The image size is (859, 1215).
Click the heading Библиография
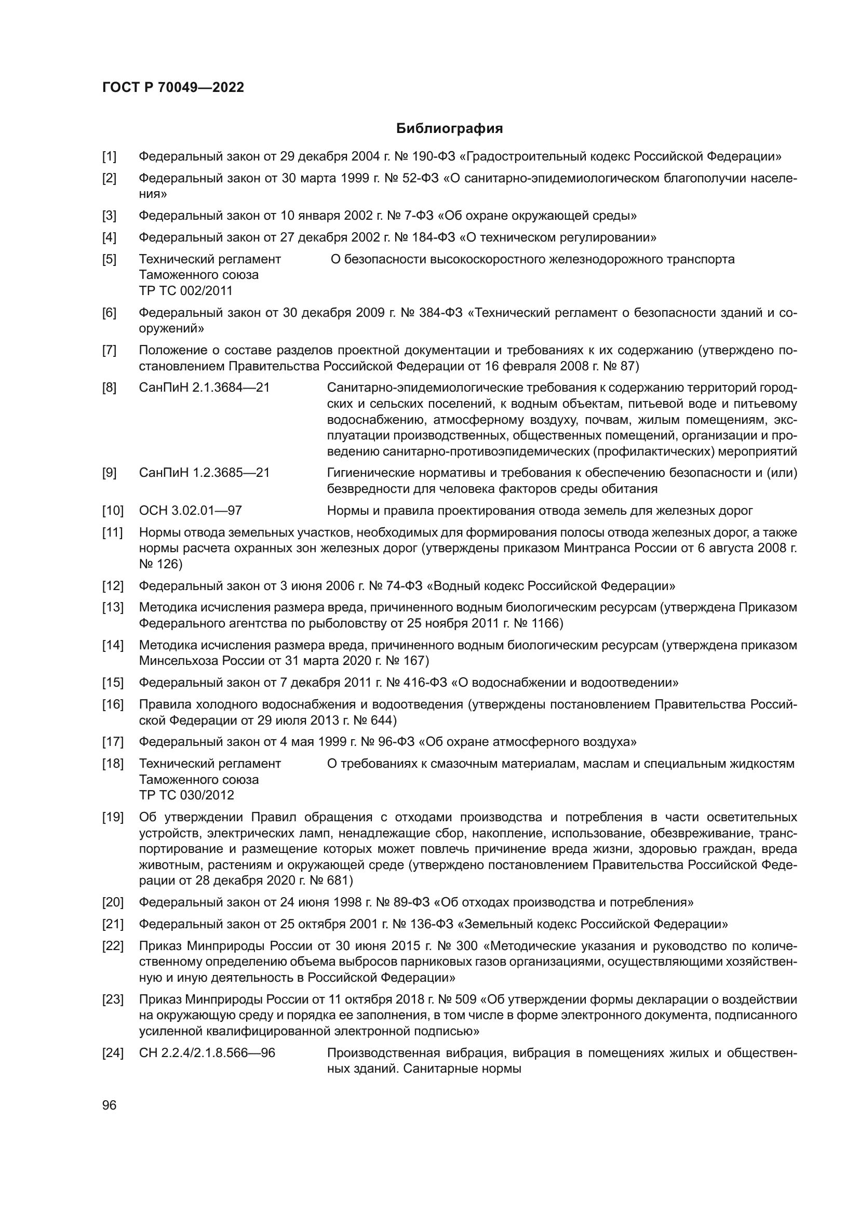click(449, 129)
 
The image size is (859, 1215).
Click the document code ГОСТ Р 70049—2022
click(173, 88)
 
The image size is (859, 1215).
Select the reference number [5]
click(110, 259)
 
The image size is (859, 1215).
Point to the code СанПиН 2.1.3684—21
click(204, 388)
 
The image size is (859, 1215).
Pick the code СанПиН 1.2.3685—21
click(204, 473)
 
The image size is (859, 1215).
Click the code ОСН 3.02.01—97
click(191, 511)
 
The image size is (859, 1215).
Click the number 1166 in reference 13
click(544, 623)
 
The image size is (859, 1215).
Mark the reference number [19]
click(112, 817)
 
